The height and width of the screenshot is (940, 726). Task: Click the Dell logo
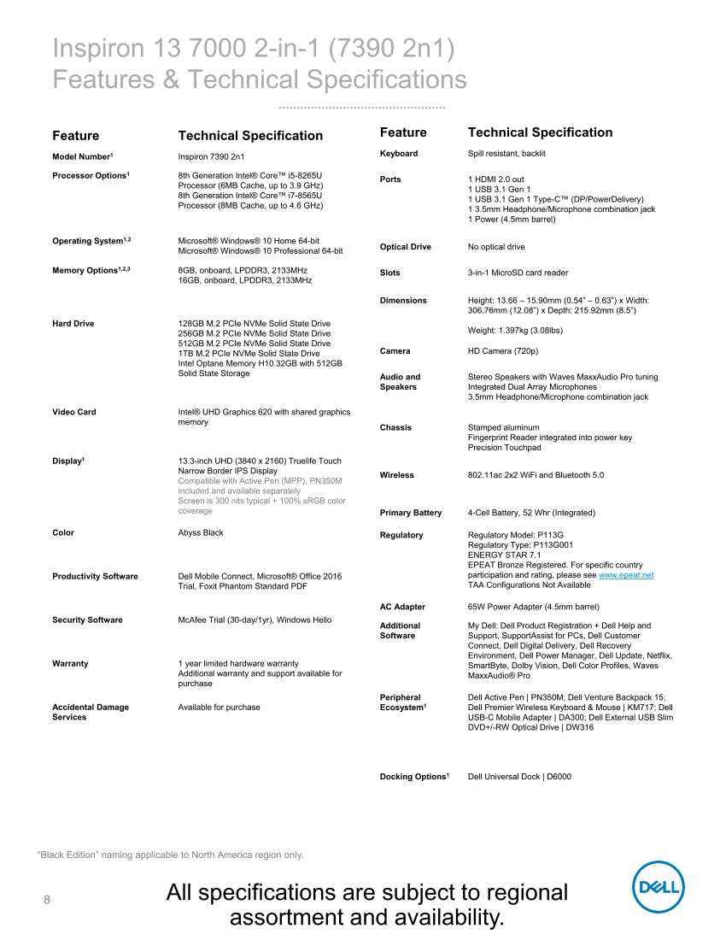(x=659, y=887)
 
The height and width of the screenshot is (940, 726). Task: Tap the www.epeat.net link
(x=626, y=576)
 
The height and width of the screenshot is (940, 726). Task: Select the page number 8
(x=47, y=900)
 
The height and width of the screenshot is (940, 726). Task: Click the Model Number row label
(x=82, y=157)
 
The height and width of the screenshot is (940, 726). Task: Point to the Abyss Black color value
(x=201, y=533)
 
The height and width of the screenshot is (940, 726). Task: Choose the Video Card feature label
(x=74, y=412)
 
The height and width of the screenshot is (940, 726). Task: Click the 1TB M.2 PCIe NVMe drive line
(x=249, y=354)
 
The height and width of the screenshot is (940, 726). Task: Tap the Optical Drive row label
(x=406, y=247)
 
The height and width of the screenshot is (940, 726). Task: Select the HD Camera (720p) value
(x=504, y=351)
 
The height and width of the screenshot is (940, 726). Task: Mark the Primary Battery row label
(x=411, y=513)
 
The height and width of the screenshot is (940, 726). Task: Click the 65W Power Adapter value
(x=533, y=607)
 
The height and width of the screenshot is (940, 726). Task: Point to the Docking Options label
(x=414, y=777)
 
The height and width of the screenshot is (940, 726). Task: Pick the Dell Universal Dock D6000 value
(x=519, y=777)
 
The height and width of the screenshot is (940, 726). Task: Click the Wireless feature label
(x=397, y=475)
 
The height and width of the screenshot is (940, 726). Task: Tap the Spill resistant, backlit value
(x=506, y=154)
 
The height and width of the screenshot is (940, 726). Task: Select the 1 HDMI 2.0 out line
(x=496, y=179)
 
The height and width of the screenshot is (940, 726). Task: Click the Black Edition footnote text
(x=171, y=855)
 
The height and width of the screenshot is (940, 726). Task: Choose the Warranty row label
(x=70, y=664)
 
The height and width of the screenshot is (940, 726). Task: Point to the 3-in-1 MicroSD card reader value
(x=518, y=273)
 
